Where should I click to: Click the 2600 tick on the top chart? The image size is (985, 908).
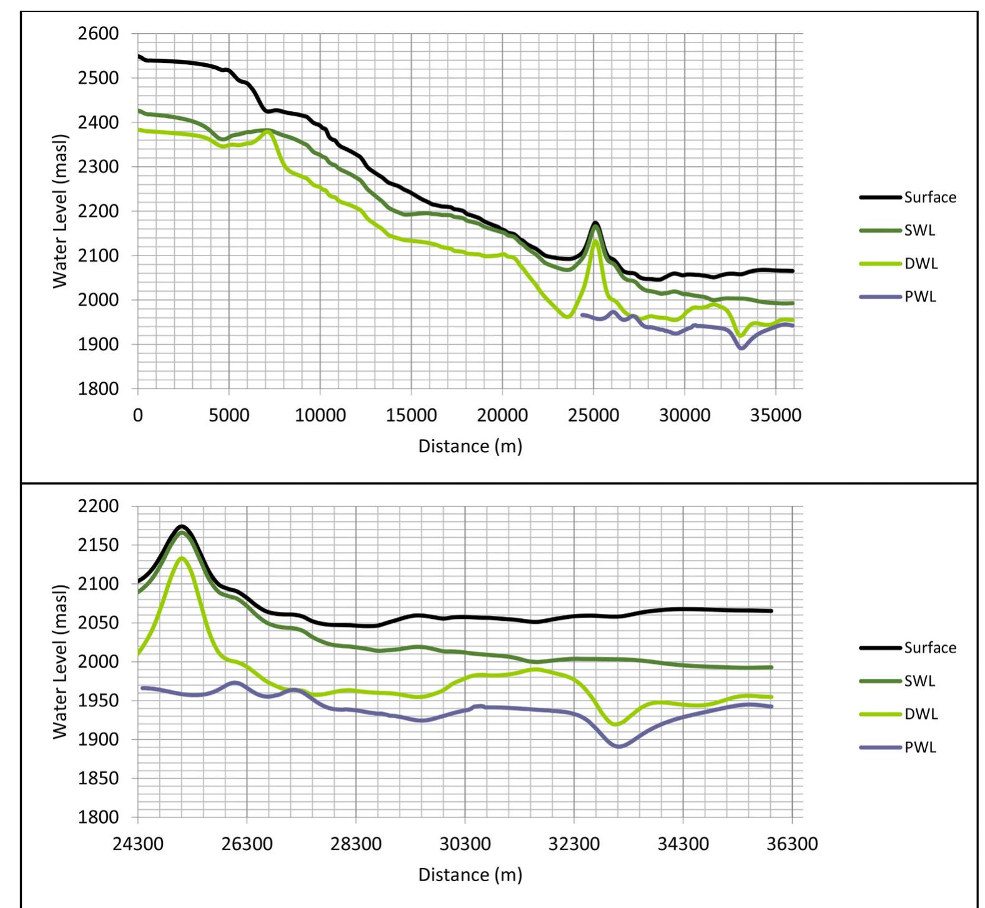tap(99, 34)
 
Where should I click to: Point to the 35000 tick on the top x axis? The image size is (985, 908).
tap(775, 416)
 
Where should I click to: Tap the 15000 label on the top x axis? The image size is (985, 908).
tap(411, 416)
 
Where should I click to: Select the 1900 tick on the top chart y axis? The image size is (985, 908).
tap(99, 344)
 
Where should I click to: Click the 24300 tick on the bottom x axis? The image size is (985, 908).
tap(138, 844)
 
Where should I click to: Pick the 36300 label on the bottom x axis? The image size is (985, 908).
tap(791, 844)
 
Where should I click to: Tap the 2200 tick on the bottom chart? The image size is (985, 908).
tap(99, 506)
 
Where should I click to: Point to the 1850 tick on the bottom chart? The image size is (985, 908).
tap(99, 778)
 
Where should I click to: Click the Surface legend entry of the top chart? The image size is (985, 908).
tap(929, 197)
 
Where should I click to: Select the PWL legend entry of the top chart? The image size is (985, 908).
tap(920, 297)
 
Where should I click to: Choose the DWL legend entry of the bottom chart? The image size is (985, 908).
tap(921, 714)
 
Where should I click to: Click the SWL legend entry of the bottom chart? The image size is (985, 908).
tap(919, 681)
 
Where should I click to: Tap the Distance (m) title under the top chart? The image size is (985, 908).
tap(470, 446)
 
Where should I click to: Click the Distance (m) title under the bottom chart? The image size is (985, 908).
tap(470, 874)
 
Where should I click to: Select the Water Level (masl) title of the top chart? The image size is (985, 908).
tap(60, 211)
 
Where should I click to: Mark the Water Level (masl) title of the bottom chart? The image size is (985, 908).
tap(60, 661)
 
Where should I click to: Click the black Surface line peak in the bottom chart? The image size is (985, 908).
tap(182, 526)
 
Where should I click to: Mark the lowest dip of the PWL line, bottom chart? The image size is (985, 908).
tap(619, 746)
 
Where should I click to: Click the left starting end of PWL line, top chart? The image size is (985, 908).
tap(582, 315)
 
